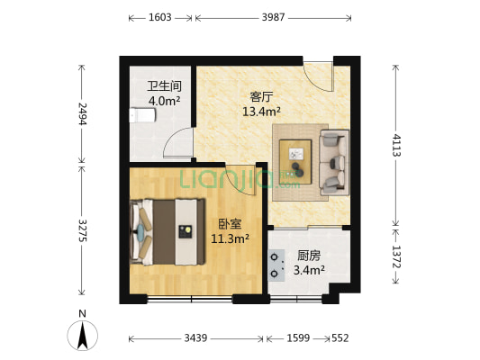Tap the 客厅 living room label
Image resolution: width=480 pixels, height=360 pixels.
pos(261,97)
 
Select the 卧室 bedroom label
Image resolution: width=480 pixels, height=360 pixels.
pos(229,224)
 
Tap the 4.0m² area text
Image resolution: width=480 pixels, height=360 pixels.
pos(163,102)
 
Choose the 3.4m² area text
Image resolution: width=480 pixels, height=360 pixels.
pos(309,269)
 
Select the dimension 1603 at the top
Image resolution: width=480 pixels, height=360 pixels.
pos(161,17)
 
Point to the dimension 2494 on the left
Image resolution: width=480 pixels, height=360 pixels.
pos(83,113)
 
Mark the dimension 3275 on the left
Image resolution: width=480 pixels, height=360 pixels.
pos(83,229)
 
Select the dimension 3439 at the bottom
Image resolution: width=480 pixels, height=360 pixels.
pos(197,338)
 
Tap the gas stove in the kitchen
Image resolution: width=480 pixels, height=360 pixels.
pos(276,262)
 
